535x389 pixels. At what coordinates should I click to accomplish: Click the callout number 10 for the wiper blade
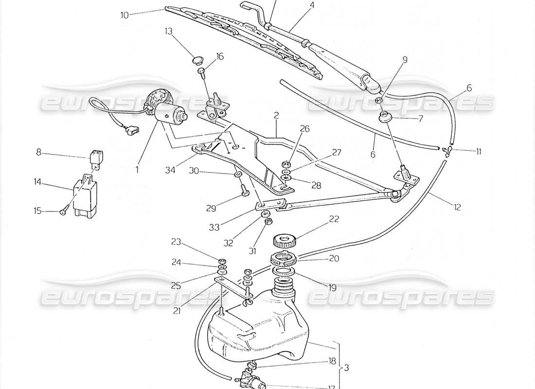click(x=125, y=15)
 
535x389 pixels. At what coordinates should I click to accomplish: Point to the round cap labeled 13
click(x=196, y=61)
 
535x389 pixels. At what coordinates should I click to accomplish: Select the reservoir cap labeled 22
click(x=285, y=240)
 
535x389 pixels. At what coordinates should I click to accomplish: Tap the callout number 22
click(x=333, y=219)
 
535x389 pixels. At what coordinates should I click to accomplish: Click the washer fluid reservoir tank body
click(x=258, y=336)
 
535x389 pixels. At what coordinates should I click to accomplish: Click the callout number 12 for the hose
click(x=457, y=207)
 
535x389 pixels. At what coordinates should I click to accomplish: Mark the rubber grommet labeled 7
click(x=386, y=118)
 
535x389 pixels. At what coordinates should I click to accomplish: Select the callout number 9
click(x=405, y=60)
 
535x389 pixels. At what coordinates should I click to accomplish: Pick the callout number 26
click(x=304, y=129)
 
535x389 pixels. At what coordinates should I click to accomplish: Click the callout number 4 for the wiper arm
click(x=312, y=5)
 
